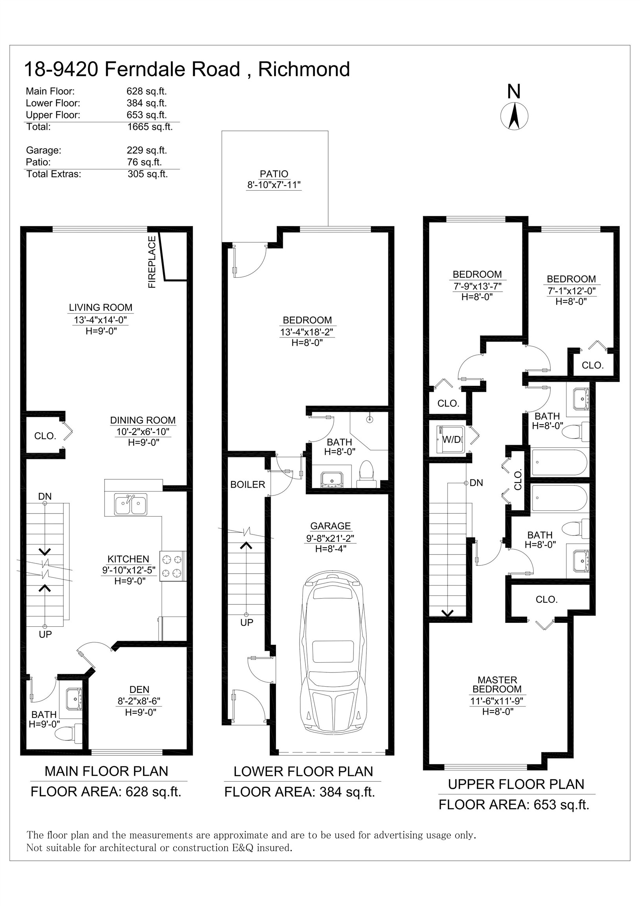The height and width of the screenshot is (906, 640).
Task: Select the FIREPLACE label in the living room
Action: tap(152, 262)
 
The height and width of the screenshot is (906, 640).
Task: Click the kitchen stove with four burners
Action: tap(173, 566)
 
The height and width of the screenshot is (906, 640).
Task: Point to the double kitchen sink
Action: tap(131, 504)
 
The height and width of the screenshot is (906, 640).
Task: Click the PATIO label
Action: tap(274, 174)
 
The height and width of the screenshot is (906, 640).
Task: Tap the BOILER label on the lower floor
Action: tap(247, 484)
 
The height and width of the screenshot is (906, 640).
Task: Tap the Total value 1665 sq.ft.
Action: tap(150, 127)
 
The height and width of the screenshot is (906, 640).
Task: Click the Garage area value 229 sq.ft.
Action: tap(147, 150)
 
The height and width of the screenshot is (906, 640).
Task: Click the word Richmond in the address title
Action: tap(304, 69)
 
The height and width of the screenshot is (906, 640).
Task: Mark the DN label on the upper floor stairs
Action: tap(476, 483)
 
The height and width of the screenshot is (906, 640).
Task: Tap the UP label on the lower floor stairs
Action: tap(246, 622)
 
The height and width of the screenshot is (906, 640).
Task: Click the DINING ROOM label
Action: tap(143, 420)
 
